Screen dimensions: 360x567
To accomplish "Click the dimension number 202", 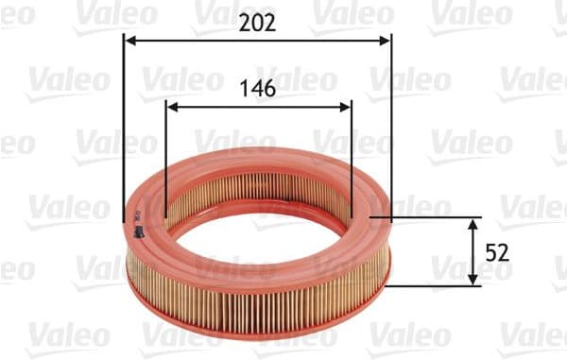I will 256,23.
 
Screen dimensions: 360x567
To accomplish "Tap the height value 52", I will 498,252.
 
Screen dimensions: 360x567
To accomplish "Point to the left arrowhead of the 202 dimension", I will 130,41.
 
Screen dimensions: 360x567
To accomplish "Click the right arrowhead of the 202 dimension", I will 385,41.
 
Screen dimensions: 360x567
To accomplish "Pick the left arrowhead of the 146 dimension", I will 171,107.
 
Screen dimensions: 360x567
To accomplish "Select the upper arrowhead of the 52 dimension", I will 474,222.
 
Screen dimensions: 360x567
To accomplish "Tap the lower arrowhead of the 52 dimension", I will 474,280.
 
